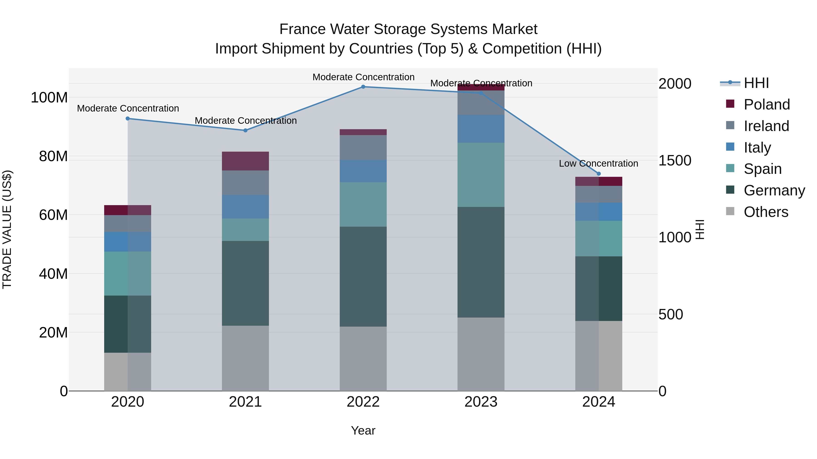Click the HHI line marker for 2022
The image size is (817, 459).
pyautogui.click(x=363, y=87)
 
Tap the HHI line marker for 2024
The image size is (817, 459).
pyautogui.click(x=598, y=174)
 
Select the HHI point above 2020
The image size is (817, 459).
pyautogui.click(x=128, y=119)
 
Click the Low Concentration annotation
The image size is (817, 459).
pyautogui.click(x=598, y=163)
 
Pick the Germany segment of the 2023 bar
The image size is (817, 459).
pyautogui.click(x=481, y=262)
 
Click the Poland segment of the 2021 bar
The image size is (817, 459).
pyautogui.click(x=245, y=161)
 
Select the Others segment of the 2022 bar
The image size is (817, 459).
pyautogui.click(x=363, y=359)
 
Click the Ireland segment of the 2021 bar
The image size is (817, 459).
pyautogui.click(x=245, y=183)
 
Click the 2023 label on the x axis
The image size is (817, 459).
pyautogui.click(x=481, y=402)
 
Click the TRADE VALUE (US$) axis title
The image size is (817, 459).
pyautogui.click(x=7, y=229)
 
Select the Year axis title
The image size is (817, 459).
pyautogui.click(x=363, y=430)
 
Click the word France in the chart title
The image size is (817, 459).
pyautogui.click(x=302, y=29)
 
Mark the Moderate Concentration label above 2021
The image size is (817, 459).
pyautogui.click(x=246, y=121)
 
